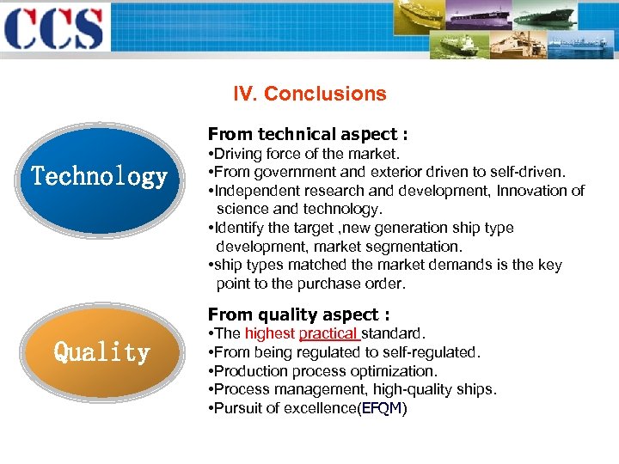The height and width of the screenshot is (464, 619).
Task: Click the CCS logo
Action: point(53,27)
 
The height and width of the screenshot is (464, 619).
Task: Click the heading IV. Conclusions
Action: point(310,94)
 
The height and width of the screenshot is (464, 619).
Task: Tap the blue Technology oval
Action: point(100,177)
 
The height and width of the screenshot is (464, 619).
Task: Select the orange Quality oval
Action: point(101,352)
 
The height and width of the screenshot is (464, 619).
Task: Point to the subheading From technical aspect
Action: point(307,134)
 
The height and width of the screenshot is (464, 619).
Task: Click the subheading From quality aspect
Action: point(298,314)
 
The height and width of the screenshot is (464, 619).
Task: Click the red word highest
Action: point(269,333)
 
